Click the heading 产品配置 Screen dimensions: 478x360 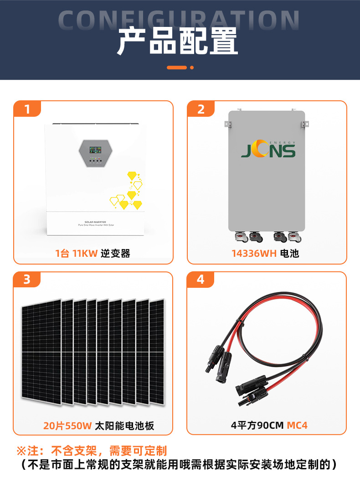tap(178, 42)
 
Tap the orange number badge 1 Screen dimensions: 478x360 tap(27, 109)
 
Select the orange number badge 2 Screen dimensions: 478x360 tap(201, 109)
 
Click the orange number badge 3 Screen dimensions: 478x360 tap(27, 279)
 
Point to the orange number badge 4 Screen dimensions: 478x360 tap(201, 279)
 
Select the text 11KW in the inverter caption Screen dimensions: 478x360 tap(85, 254)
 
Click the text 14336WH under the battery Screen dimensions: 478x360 tap(254, 254)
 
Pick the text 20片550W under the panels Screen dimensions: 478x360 tap(67, 426)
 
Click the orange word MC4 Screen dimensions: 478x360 tap(297, 426)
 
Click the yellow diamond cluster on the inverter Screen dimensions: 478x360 tap(128, 192)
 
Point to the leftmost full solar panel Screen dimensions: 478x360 tap(41, 351)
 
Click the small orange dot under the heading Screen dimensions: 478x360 tap(192, 68)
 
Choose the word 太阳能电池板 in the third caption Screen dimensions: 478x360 tap(124, 426)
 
